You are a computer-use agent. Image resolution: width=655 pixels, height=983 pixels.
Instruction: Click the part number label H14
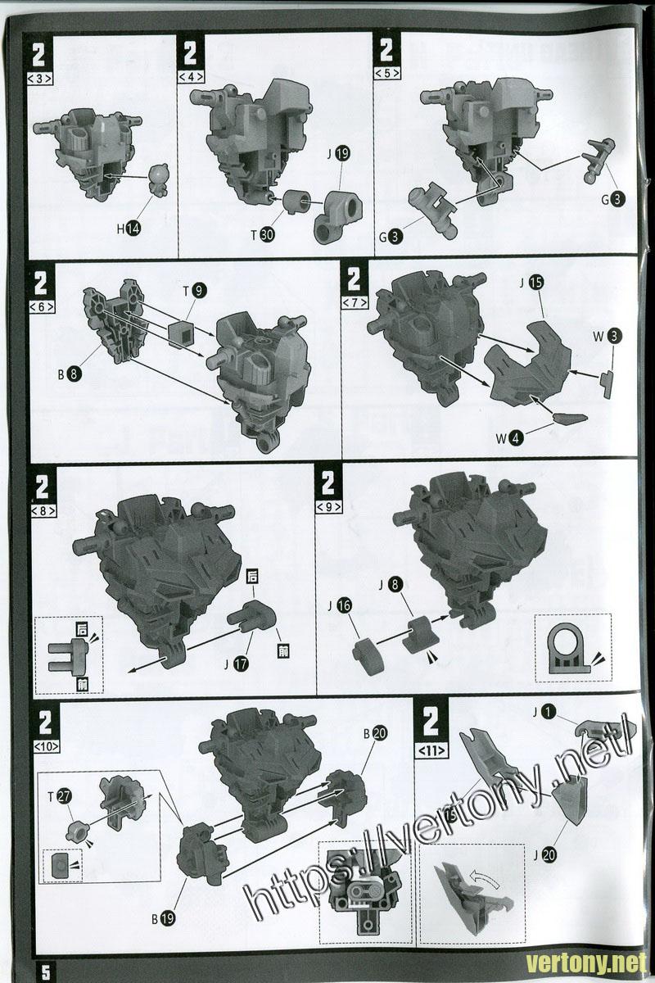point(129,229)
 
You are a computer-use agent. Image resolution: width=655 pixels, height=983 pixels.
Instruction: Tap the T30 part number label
point(262,235)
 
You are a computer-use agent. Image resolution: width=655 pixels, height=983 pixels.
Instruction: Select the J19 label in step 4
point(338,154)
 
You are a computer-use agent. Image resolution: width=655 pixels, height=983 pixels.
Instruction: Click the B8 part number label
point(70,374)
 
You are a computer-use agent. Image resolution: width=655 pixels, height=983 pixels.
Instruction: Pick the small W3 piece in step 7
point(608,384)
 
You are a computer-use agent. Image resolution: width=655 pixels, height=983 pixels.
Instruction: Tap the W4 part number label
point(509,437)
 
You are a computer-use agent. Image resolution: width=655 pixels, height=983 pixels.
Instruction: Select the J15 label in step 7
point(531,283)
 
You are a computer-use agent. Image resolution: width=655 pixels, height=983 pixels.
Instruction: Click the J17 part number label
point(237,664)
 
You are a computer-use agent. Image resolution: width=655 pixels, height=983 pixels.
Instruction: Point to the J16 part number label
point(340,605)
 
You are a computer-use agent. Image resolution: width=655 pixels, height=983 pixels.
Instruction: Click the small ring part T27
point(78,831)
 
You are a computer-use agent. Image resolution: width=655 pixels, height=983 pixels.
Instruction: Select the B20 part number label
point(376,733)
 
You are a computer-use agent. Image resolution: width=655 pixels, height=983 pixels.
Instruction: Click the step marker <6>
point(42,306)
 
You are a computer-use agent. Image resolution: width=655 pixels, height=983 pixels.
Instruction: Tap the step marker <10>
point(46,746)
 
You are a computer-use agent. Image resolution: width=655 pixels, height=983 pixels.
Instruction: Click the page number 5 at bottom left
point(46,972)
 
